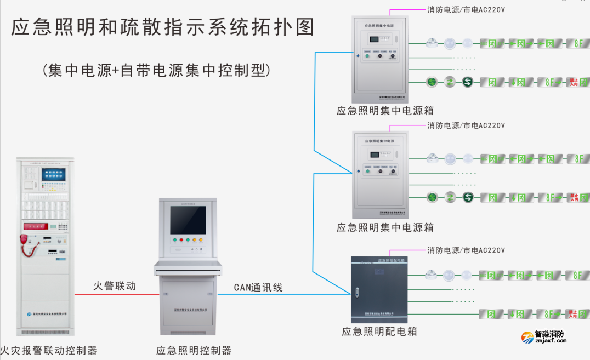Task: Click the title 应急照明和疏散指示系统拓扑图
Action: [163, 27]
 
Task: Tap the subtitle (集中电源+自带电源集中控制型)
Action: [156, 70]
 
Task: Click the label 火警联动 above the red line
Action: [114, 286]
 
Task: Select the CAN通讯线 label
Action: [258, 287]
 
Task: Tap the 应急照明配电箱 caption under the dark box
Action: [379, 332]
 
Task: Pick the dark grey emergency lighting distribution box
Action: [380, 289]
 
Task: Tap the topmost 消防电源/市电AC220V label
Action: [466, 9]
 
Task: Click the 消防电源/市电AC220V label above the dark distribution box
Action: [466, 250]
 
